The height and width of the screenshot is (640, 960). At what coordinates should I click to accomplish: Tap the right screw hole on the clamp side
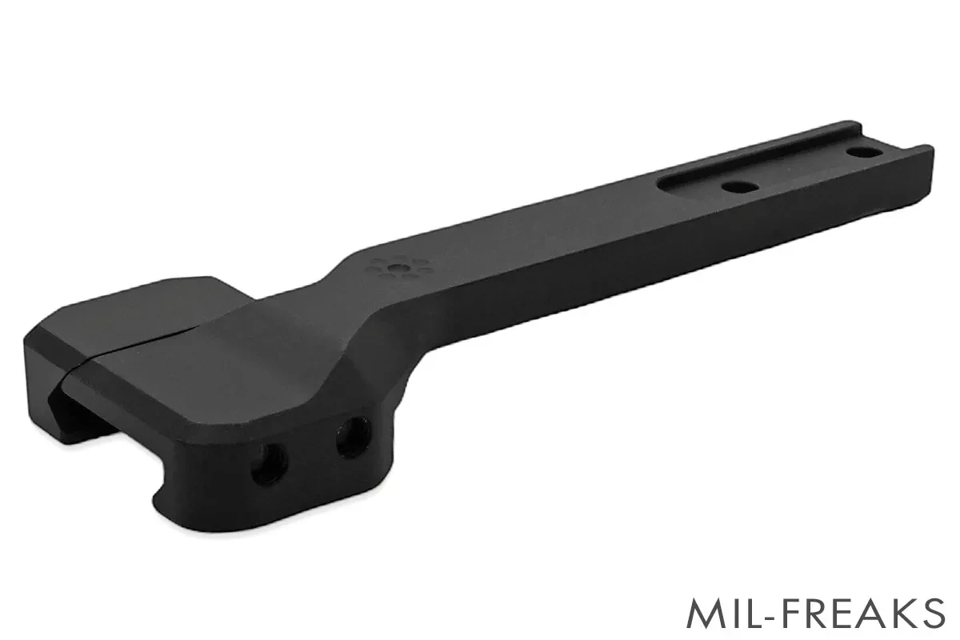349,441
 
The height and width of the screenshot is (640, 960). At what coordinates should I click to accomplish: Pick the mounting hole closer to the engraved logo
734,187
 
